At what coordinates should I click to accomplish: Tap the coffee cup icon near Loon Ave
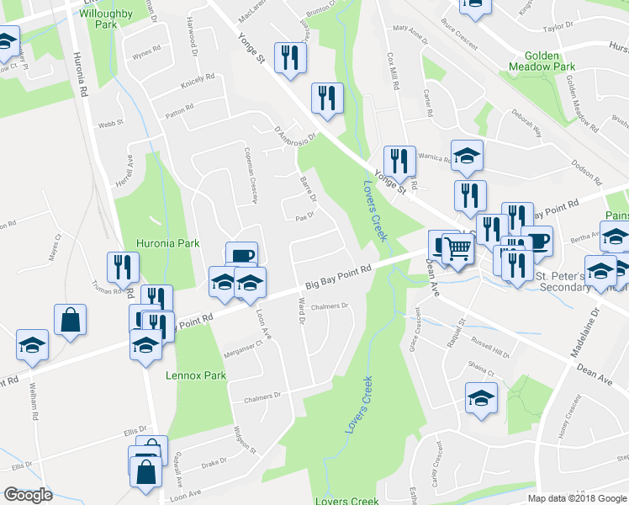tap(240, 254)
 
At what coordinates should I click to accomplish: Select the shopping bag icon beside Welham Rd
tap(70, 320)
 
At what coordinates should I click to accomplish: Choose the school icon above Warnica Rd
tap(467, 155)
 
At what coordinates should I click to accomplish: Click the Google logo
tap(28, 495)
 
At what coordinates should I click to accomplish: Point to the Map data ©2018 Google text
tap(577, 498)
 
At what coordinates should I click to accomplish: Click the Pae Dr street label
tap(304, 215)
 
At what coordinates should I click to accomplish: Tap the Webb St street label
tap(110, 123)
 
